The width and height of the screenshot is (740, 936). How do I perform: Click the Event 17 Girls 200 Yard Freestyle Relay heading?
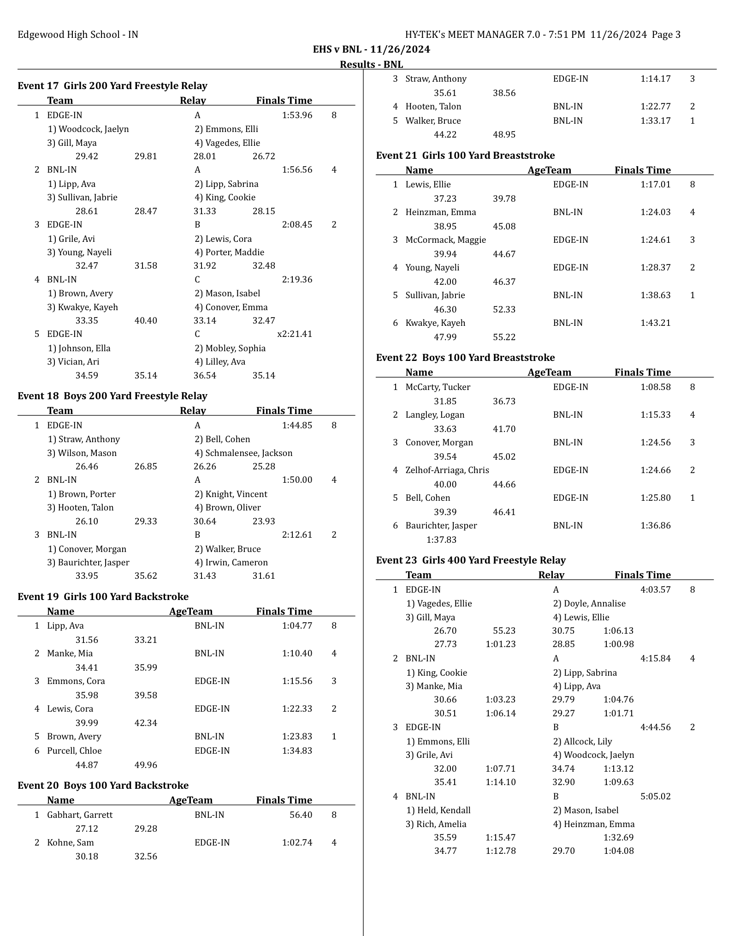[x=112, y=86]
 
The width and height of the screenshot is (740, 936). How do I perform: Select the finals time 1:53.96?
[x=297, y=115]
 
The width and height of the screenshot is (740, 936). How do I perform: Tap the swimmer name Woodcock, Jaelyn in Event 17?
[x=89, y=129]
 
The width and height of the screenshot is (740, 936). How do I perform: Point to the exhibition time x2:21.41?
[x=295, y=334]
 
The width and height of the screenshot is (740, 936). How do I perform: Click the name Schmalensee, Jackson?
[x=243, y=453]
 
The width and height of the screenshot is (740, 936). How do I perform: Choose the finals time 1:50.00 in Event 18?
[x=297, y=480]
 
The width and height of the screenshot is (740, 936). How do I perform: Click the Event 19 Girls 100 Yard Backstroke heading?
[x=103, y=597]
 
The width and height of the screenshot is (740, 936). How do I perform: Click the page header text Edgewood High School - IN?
[x=78, y=35]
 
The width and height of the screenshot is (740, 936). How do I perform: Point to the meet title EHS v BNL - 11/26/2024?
[x=371, y=49]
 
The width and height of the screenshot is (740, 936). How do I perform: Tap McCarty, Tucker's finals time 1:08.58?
[x=655, y=387]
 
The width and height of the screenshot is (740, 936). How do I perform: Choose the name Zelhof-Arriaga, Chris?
[x=447, y=470]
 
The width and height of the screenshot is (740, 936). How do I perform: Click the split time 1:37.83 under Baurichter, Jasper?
[x=441, y=540]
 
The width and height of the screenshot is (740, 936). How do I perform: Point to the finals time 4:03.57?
[x=655, y=590]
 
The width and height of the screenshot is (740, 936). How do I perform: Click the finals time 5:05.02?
[x=655, y=797]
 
